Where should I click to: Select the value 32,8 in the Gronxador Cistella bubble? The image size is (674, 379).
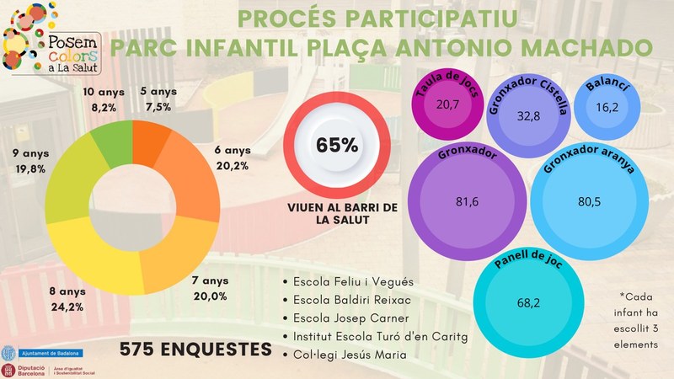527,117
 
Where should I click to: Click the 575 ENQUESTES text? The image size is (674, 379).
189,349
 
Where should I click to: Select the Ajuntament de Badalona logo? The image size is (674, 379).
38,350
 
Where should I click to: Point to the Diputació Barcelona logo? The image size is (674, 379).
34,369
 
